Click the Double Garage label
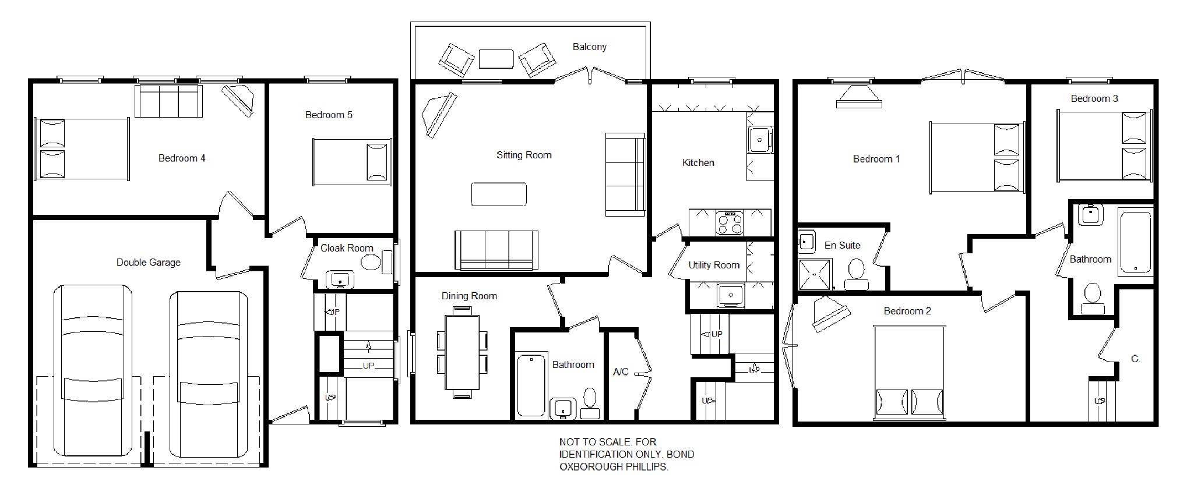tap(148, 263)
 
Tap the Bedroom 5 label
tap(329, 115)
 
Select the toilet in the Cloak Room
tap(372, 261)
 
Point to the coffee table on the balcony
tap(496, 59)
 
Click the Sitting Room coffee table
tap(499, 194)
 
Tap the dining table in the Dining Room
tap(462, 352)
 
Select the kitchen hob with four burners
tap(730, 222)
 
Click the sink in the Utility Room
tap(730, 295)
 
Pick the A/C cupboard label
tap(621, 371)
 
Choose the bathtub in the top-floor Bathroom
tap(1135, 243)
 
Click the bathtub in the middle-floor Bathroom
tap(531, 384)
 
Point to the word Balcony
tap(589, 47)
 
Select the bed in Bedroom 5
tap(351, 162)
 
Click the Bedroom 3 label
tap(1094, 98)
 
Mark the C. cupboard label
tap(1135, 359)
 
